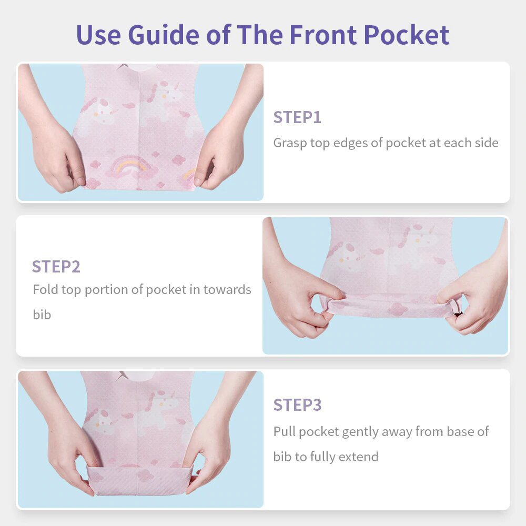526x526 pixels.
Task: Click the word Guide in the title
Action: click(164, 35)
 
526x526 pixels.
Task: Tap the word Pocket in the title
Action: click(407, 35)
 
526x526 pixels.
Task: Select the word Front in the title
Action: click(323, 35)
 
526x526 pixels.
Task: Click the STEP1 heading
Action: click(297, 117)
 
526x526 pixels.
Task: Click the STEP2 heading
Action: click(56, 267)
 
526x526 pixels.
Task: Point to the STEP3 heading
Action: click(297, 405)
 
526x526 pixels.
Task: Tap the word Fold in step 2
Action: click(45, 289)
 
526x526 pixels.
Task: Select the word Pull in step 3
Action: click(284, 431)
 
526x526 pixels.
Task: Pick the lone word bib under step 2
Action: click(42, 315)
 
